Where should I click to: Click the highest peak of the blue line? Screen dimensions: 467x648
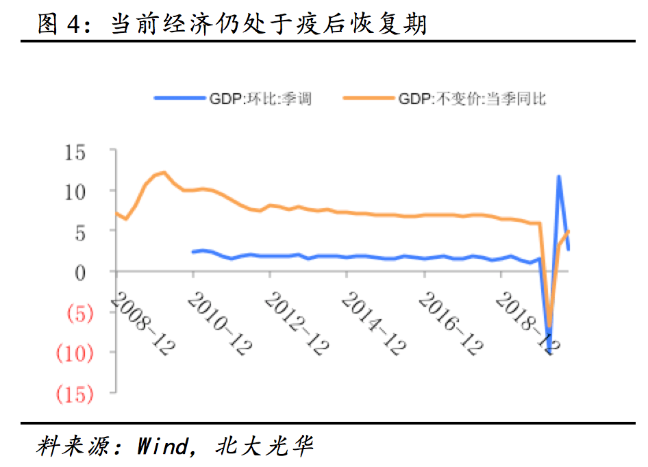click(559, 177)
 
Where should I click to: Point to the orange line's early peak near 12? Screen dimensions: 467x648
click(164, 173)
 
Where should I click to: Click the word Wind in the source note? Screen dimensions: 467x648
click(162, 446)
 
